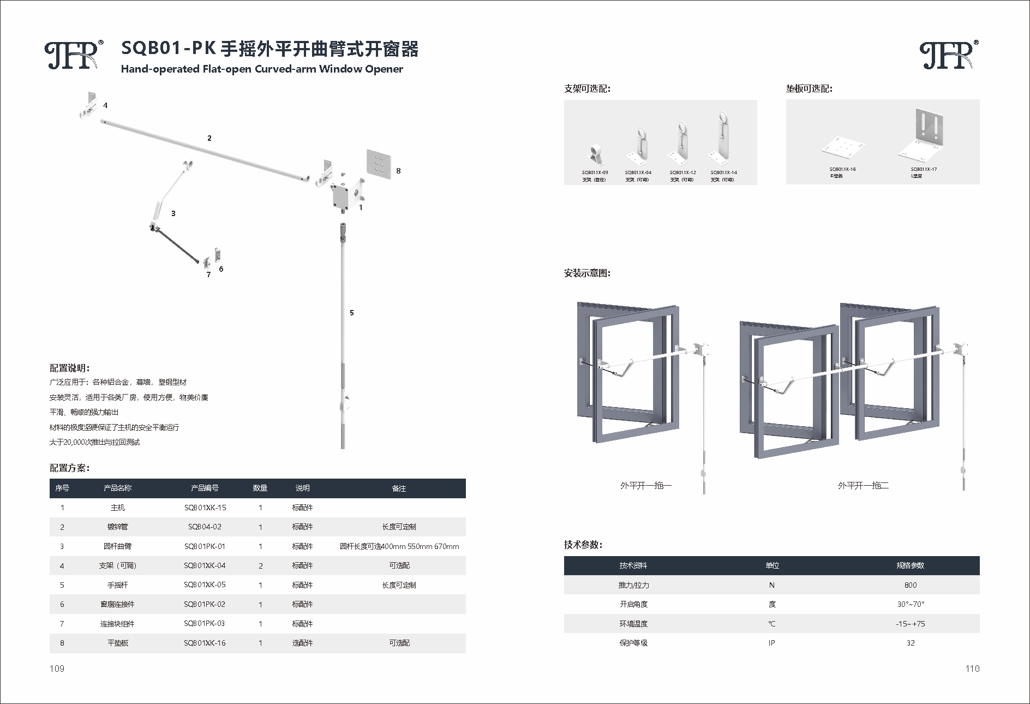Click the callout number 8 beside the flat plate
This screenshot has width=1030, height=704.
(x=398, y=171)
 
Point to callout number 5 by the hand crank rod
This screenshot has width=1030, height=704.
(x=352, y=313)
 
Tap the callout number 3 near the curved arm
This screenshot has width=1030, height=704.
(x=173, y=213)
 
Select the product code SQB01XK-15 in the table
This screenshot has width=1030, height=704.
(x=205, y=508)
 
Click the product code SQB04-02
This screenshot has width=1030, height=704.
(x=205, y=527)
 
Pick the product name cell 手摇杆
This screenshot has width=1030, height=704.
(x=117, y=585)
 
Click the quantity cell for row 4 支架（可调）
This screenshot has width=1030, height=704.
(x=260, y=566)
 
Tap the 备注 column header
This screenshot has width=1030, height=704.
(x=399, y=488)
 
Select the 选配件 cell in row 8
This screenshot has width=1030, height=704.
(x=302, y=643)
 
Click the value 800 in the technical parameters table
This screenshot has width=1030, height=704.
(x=910, y=585)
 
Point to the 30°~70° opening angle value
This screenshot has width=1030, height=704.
(x=910, y=604)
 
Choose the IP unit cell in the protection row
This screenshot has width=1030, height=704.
(x=771, y=643)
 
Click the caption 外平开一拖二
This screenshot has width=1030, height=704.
(x=863, y=485)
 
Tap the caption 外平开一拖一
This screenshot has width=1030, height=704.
(x=645, y=485)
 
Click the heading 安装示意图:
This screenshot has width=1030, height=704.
(x=587, y=273)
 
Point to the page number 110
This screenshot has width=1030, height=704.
(x=972, y=669)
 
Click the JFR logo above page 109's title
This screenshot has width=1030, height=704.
(x=74, y=55)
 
